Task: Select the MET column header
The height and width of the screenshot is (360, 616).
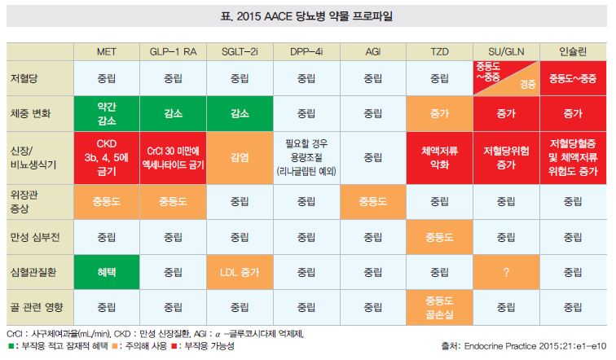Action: (106, 51)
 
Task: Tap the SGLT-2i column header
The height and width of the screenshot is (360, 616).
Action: (240, 51)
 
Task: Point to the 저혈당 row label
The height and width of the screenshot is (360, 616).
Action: (24, 79)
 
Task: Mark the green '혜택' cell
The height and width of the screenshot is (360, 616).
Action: (106, 272)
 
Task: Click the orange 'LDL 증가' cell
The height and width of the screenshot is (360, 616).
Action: (240, 272)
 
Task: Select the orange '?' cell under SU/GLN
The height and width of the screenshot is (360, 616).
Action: (506, 272)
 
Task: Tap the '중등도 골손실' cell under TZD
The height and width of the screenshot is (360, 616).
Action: (439, 309)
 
